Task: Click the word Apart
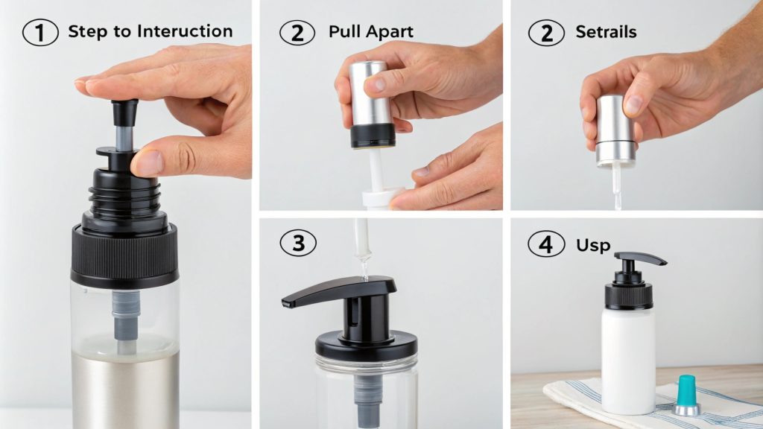click(x=389, y=32)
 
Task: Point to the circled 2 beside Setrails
click(x=546, y=32)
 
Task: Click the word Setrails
click(x=606, y=32)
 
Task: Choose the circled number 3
click(x=298, y=243)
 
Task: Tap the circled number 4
click(x=546, y=244)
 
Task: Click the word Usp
click(x=593, y=244)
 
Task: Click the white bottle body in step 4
click(x=627, y=357)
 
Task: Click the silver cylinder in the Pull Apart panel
click(x=370, y=93)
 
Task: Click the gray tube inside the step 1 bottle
click(x=124, y=317)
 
